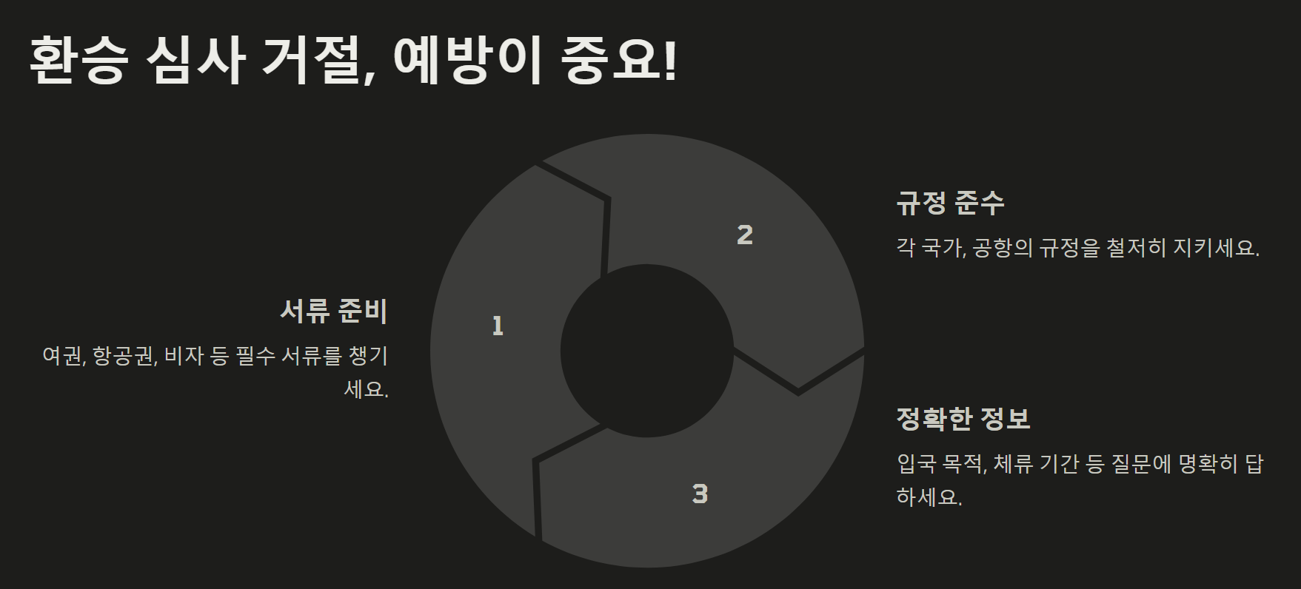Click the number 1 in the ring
pyautogui.click(x=498, y=326)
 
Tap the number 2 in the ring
pyautogui.click(x=745, y=235)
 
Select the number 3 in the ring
pyautogui.click(x=700, y=494)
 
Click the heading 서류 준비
pyautogui.click(x=334, y=311)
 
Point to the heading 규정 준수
pyautogui.click(x=950, y=202)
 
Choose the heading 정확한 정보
pyautogui.click(x=963, y=419)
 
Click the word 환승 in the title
pyautogui.click(x=77, y=61)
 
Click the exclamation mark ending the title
pyautogui.click(x=670, y=61)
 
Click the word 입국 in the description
pyautogui.click(x=915, y=464)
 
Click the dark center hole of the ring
pyautogui.click(x=646, y=351)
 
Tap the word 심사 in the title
pyautogui.click(x=195, y=61)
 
